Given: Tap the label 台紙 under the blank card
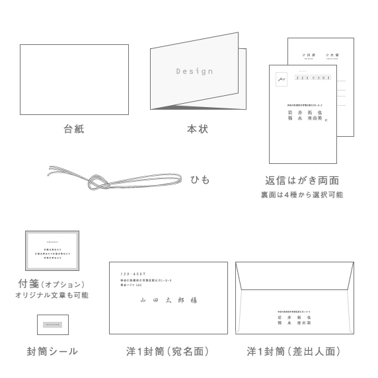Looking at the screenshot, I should pyautogui.click(x=74, y=129).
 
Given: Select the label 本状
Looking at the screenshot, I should pyautogui.click(x=197, y=129).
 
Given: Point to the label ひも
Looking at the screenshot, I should pyautogui.click(x=200, y=179).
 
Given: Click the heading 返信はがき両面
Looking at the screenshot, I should pyautogui.click(x=302, y=180).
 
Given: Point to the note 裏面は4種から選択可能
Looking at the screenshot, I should pyautogui.click(x=302, y=195).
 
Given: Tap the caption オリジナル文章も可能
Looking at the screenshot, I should pyautogui.click(x=52, y=295).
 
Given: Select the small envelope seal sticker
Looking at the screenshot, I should pyautogui.click(x=53, y=324).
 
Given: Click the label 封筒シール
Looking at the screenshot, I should pyautogui.click(x=52, y=352).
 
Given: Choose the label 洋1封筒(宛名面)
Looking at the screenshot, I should pyautogui.click(x=168, y=352).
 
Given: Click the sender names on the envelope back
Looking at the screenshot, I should pyautogui.click(x=295, y=320).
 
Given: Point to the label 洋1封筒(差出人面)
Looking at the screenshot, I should pyautogui.click(x=294, y=352).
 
